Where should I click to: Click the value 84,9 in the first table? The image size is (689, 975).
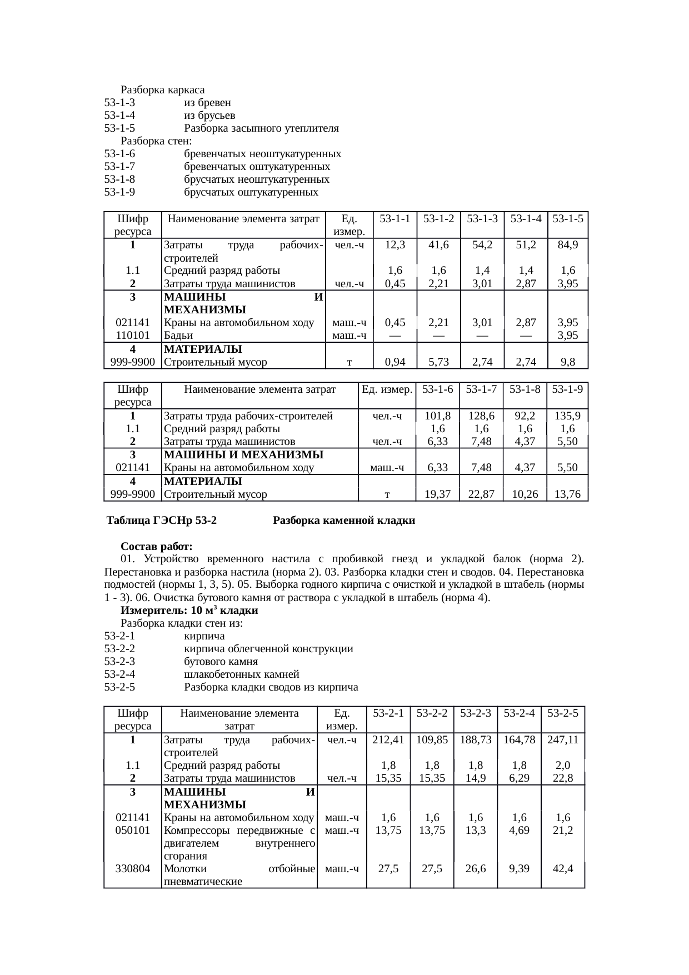click(x=568, y=244)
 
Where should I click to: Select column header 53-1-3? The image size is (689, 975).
click(x=482, y=219)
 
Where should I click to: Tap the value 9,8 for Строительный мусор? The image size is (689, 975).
click(x=568, y=363)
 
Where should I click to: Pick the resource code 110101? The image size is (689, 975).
click(x=132, y=336)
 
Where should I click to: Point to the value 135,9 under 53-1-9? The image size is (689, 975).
click(x=568, y=416)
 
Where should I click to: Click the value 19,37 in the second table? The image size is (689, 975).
click(x=437, y=494)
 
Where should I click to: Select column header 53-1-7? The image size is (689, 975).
click(x=481, y=389)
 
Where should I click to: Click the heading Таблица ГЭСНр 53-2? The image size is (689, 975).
click(x=162, y=521)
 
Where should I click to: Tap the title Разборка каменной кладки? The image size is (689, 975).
click(x=344, y=521)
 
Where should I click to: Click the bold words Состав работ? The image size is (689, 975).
click(x=157, y=547)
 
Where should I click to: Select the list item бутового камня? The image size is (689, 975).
click(x=221, y=662)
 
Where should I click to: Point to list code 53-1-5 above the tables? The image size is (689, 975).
click(x=119, y=128)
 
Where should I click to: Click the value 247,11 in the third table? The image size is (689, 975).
click(x=563, y=740)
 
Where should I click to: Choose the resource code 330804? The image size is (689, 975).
click(x=132, y=868)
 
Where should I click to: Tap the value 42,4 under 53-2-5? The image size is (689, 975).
click(x=563, y=868)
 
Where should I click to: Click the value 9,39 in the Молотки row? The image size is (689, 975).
click(x=519, y=868)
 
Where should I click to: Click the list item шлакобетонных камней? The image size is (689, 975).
click(x=242, y=674)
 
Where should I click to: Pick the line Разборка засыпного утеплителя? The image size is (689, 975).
click(x=261, y=128)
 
